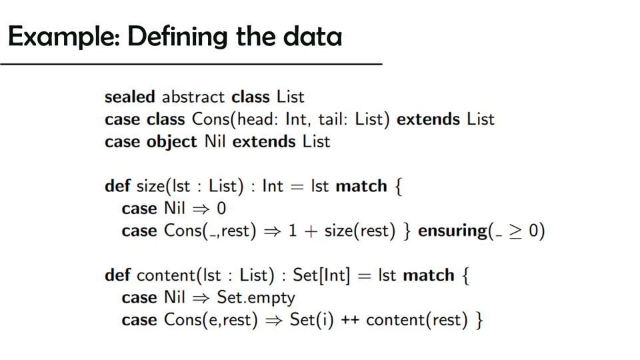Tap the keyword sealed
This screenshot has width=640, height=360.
pos(130,97)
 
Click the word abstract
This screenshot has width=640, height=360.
pos(193,97)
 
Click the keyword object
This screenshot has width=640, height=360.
pos(172,142)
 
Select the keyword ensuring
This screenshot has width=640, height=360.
pos(452,231)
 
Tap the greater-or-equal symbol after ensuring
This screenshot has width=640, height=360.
pos(515,231)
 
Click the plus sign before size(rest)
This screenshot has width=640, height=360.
pos(311,231)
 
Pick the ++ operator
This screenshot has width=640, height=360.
pos(350,319)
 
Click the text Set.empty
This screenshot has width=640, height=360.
pos(256,297)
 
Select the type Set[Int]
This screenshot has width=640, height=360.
pos(321,275)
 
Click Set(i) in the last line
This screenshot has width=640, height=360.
pos(311,319)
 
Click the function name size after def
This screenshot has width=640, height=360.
pos(151,186)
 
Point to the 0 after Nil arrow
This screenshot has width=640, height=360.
pos(221,209)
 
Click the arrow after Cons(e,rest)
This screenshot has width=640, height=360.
pos(274,321)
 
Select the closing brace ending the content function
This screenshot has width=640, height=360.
pos(479,320)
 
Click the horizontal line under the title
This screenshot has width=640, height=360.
pos(191,64)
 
